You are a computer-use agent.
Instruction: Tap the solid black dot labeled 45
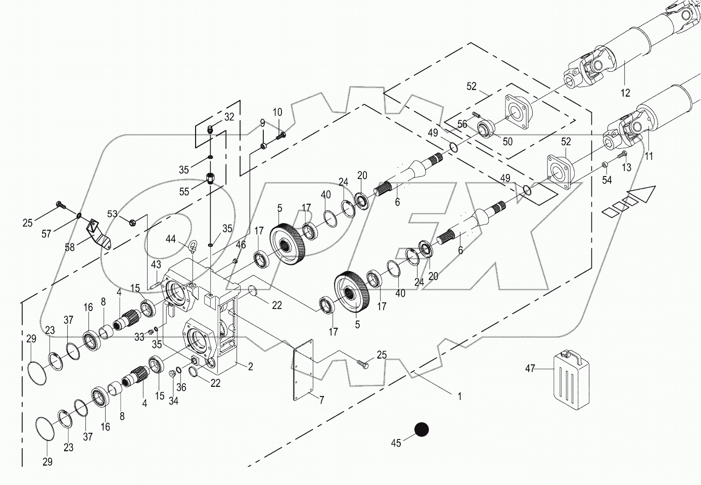(421, 430)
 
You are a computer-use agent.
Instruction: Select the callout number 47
(530, 369)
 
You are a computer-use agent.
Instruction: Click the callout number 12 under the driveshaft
(625, 93)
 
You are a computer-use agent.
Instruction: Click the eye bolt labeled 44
(193, 247)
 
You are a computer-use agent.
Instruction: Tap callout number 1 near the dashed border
(459, 397)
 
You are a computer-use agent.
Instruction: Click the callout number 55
(184, 192)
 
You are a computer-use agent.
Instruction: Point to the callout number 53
(112, 214)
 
